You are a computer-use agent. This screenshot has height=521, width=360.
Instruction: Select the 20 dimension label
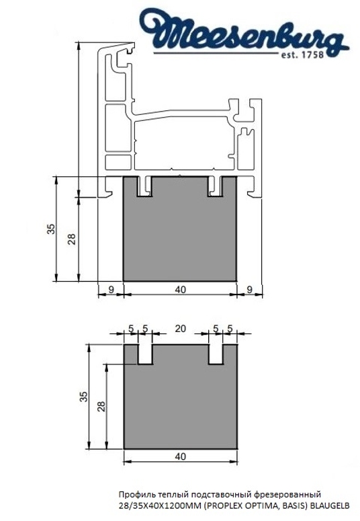pos(181,329)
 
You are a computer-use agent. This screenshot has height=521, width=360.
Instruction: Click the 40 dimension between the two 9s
pos(180,290)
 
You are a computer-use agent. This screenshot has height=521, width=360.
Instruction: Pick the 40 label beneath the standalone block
pos(180,456)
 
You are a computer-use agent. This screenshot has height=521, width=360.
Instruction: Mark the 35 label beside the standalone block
pos(83,397)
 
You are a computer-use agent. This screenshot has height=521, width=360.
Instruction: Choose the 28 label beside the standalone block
pos(101,406)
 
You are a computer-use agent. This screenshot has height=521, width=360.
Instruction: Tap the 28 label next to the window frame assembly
pos(73,238)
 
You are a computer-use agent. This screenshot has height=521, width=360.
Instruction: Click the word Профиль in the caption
pos(133,494)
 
